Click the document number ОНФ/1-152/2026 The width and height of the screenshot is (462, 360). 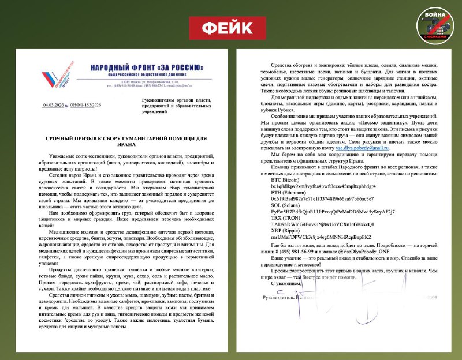point(88,105)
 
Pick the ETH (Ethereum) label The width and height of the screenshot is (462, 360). point(276,196)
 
